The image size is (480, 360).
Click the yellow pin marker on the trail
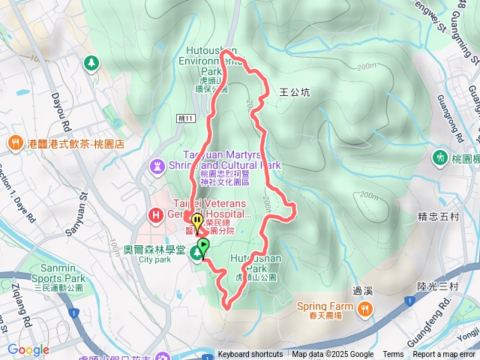(x=196, y=222)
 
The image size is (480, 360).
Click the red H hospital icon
(x=156, y=216)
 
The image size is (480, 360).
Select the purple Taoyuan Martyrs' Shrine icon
(x=157, y=165)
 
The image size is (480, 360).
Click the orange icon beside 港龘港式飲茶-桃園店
(x=14, y=142)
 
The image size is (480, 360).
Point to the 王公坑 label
(x=294, y=92)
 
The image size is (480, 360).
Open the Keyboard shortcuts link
(x=250, y=355)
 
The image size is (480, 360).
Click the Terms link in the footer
(x=392, y=355)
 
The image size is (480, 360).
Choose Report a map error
(x=444, y=355)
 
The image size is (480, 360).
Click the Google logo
(x=28, y=349)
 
